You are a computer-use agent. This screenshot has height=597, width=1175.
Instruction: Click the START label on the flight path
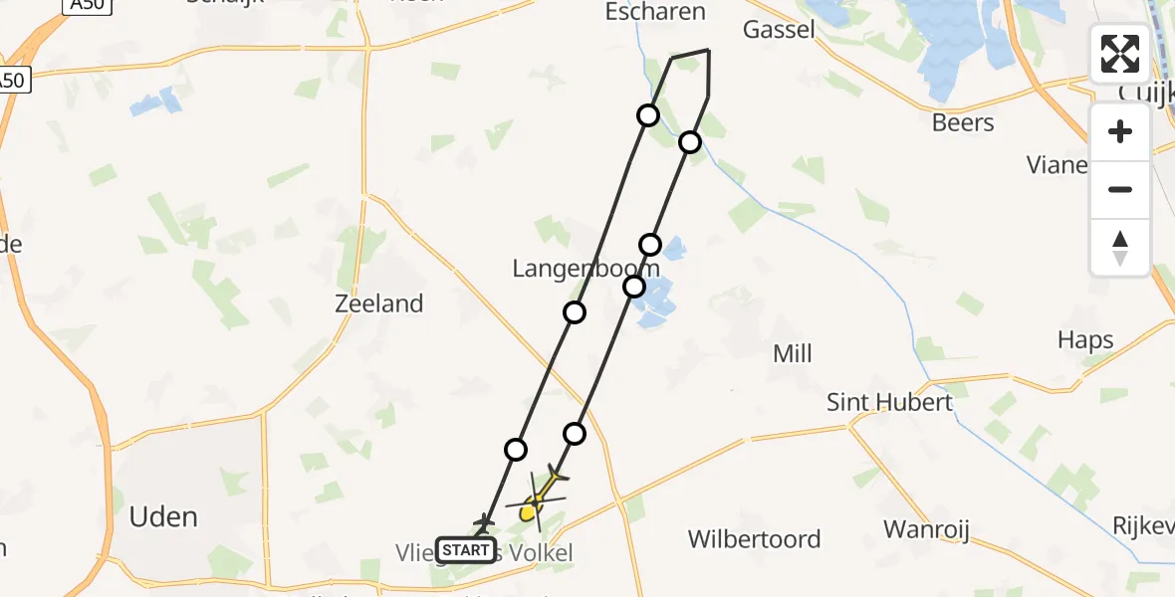point(465,550)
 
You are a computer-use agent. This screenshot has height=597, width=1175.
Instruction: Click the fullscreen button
point(1120,54)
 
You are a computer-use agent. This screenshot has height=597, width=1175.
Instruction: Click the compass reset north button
point(1120,248)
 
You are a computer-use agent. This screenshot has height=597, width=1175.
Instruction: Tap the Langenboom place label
point(586,269)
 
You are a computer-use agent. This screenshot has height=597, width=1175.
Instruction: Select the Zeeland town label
point(379,303)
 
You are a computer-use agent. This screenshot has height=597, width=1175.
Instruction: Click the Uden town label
point(163,516)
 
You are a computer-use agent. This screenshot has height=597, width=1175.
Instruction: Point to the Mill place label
point(793,353)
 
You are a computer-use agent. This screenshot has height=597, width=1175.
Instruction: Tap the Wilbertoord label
point(755,539)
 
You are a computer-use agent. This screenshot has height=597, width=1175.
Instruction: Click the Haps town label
point(1085,341)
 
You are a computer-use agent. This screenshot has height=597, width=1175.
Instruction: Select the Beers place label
point(963,122)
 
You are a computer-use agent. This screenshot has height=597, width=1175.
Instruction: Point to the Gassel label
point(779,29)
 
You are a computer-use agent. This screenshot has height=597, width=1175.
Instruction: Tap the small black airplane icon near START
point(485,521)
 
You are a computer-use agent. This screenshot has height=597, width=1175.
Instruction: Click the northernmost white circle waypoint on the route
point(648,115)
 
